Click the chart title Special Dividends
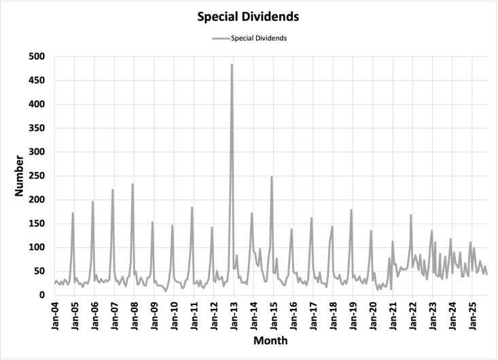pyautogui.click(x=249, y=15)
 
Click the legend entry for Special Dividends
pyautogui.click(x=259, y=38)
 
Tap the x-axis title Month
pyautogui.click(x=270, y=340)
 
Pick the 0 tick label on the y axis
pyautogui.click(x=42, y=295)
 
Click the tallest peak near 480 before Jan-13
pyautogui.click(x=232, y=65)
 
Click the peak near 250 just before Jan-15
pyautogui.click(x=272, y=177)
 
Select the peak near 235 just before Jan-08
pyautogui.click(x=132, y=184)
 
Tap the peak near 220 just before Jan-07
pyautogui.click(x=113, y=190)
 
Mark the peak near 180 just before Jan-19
pyautogui.click(x=351, y=210)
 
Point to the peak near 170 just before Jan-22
pyautogui.click(x=411, y=215)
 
